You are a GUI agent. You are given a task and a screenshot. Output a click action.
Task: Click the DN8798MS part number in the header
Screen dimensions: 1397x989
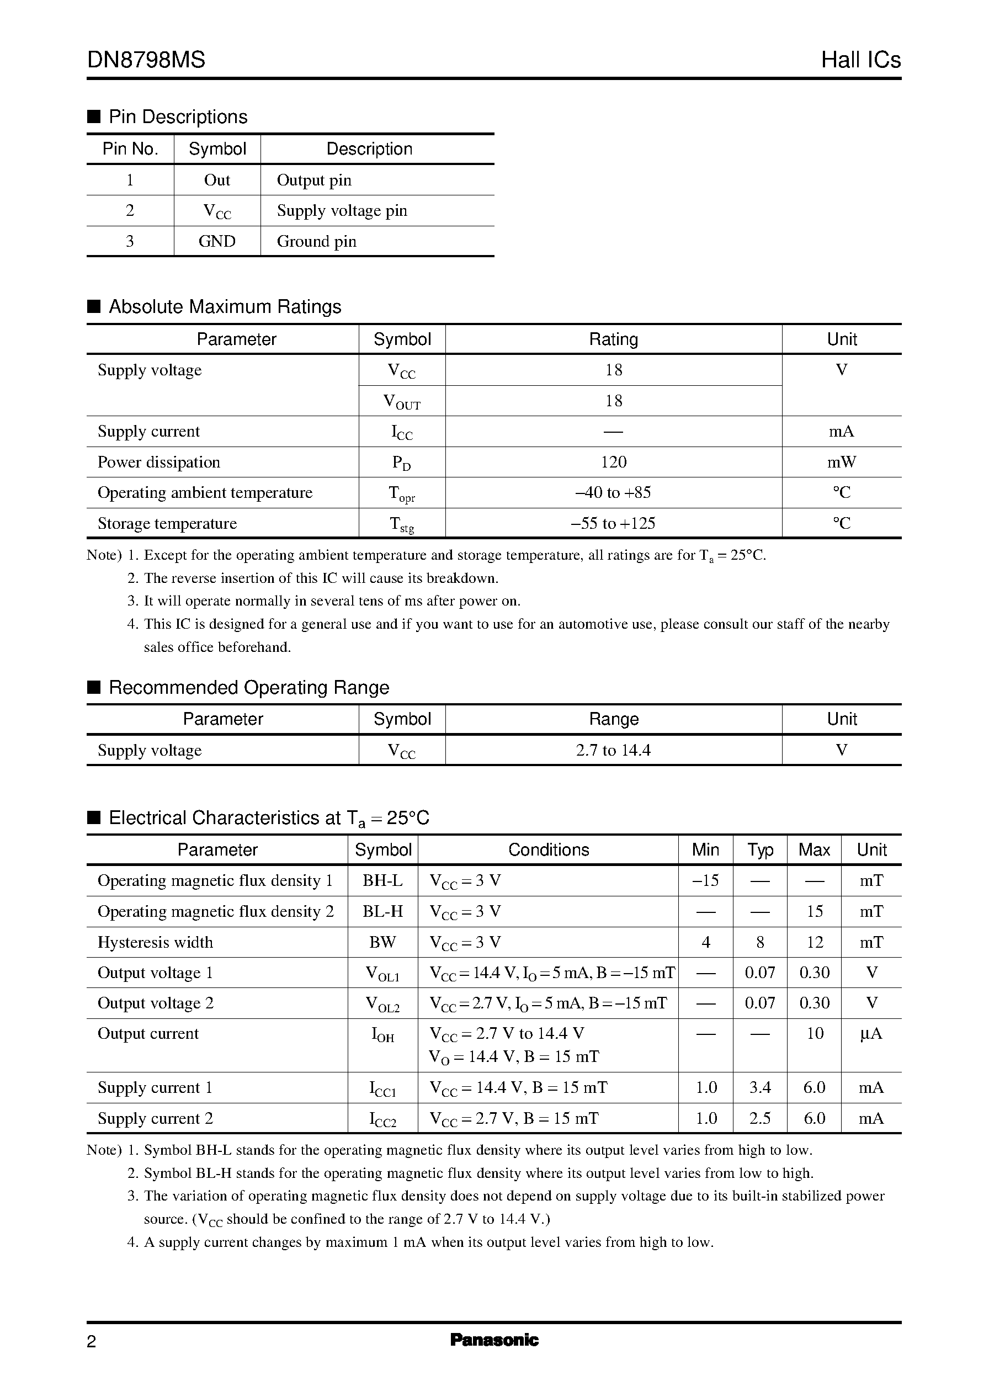pyautogui.click(x=146, y=60)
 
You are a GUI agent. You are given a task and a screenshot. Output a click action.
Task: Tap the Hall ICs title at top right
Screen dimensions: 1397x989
pyautogui.click(x=860, y=60)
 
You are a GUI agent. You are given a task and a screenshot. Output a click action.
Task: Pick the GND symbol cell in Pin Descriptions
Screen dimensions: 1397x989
pyautogui.click(x=217, y=242)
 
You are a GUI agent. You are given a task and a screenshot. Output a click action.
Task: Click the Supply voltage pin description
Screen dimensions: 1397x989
pyautogui.click(x=342, y=211)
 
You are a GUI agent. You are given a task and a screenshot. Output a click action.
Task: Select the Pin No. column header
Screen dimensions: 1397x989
pyautogui.click(x=130, y=149)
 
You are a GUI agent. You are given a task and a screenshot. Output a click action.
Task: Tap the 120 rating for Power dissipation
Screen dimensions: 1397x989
pyautogui.click(x=613, y=462)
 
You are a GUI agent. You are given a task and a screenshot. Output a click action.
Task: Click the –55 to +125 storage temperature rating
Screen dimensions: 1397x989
pyautogui.click(x=613, y=524)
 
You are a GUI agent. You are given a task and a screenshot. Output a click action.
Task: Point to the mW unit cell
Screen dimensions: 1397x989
pyautogui.click(x=841, y=462)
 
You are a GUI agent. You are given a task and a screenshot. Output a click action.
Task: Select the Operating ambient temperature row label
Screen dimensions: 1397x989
pyautogui.click(x=205, y=493)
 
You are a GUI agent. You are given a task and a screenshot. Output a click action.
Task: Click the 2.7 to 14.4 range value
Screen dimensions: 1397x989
pyautogui.click(x=613, y=750)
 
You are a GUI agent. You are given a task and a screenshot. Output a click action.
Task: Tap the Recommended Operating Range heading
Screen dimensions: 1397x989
pyautogui.click(x=248, y=688)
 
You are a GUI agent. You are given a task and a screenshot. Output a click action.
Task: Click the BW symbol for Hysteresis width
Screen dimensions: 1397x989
pyautogui.click(x=382, y=943)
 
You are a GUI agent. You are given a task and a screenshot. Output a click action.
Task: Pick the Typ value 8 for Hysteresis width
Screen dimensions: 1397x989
pyautogui.click(x=759, y=943)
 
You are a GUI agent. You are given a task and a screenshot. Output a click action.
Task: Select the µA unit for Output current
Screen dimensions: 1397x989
pyautogui.click(x=871, y=1033)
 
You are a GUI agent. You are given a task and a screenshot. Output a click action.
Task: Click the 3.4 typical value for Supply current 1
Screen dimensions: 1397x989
pyautogui.click(x=759, y=1088)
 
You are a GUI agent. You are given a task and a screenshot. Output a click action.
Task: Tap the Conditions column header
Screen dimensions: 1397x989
pyautogui.click(x=548, y=850)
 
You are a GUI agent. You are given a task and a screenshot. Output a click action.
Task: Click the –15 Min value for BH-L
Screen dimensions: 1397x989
pyautogui.click(x=705, y=880)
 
